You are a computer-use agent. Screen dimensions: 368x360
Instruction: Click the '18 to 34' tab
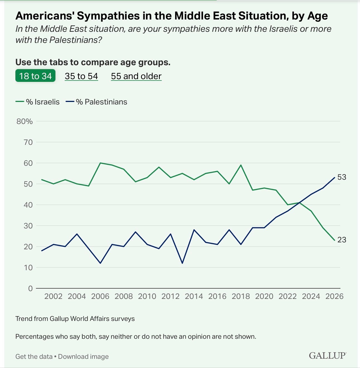click(x=35, y=76)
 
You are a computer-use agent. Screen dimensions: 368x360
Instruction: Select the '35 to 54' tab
click(x=81, y=76)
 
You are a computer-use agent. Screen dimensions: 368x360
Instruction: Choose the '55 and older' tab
click(x=136, y=76)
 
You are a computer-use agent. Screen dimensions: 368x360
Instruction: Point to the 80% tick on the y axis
click(x=25, y=121)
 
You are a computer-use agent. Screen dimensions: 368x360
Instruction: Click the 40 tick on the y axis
click(x=28, y=205)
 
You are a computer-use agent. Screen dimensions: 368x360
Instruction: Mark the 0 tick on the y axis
click(x=30, y=288)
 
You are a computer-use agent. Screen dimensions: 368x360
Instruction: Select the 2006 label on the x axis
click(x=100, y=296)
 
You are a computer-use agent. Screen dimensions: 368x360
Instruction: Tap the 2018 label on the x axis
click(x=241, y=296)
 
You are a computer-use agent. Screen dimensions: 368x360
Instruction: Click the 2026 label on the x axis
click(x=334, y=296)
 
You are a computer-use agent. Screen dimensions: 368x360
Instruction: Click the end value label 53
click(x=342, y=177)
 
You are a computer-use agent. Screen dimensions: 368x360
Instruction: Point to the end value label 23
click(x=342, y=240)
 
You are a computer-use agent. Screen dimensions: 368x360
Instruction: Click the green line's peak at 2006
click(x=100, y=163)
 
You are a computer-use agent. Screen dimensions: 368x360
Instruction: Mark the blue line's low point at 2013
click(x=182, y=263)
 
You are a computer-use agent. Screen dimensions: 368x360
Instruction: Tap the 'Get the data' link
click(x=34, y=357)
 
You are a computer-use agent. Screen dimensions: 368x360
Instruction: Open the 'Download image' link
click(x=83, y=357)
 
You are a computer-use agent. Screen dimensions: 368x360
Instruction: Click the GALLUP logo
click(x=327, y=355)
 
